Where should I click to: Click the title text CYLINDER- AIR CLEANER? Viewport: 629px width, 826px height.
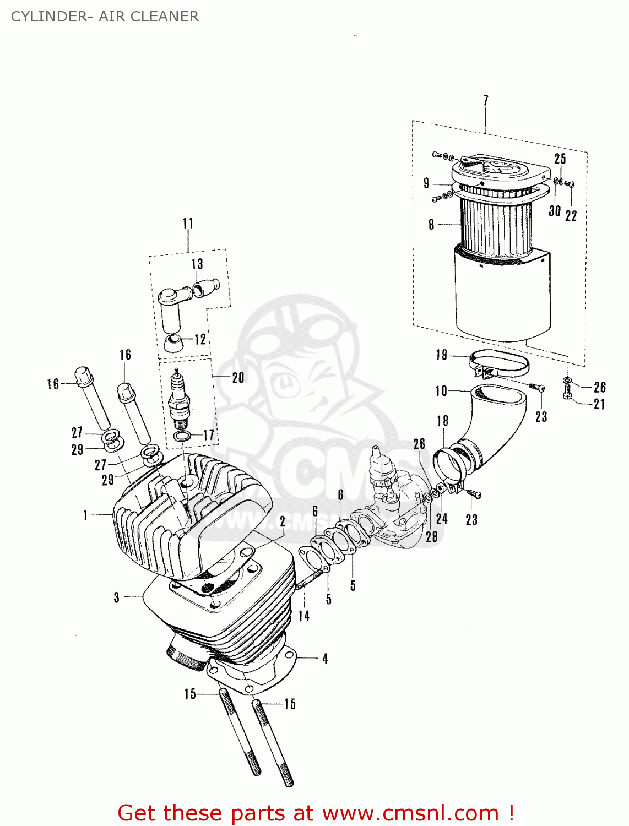[105, 17]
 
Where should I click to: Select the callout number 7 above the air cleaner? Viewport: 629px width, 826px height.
[485, 100]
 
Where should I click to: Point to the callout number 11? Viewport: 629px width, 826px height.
[188, 223]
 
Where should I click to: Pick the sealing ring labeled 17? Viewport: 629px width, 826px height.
[182, 437]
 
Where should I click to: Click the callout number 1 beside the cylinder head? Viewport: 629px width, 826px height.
[85, 515]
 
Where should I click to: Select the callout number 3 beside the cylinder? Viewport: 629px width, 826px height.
[116, 597]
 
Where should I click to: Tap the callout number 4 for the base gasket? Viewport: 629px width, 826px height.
[325, 659]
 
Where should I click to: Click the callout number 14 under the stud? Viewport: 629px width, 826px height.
[303, 616]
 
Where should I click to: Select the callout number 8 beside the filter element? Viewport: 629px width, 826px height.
[431, 224]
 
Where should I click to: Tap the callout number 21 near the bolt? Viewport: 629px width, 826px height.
[599, 404]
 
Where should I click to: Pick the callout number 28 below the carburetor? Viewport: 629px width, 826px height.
[431, 536]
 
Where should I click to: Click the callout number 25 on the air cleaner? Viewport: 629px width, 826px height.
[560, 159]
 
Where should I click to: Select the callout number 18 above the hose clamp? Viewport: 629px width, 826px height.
[442, 421]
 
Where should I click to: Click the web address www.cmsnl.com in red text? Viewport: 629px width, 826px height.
[410, 813]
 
